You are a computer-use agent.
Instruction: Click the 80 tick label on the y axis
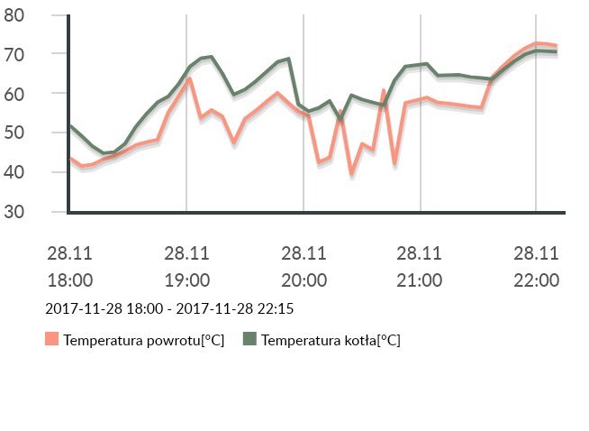(15, 14)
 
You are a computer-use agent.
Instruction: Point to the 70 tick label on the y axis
(15, 54)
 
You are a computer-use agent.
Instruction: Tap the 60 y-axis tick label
(15, 94)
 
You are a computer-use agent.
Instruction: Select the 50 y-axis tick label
(15, 133)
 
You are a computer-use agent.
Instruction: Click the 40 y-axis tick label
(15, 172)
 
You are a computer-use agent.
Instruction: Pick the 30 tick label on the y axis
(15, 212)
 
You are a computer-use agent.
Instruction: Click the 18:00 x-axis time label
(70, 280)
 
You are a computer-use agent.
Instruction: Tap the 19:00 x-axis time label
(186, 280)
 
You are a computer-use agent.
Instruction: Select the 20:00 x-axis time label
(304, 280)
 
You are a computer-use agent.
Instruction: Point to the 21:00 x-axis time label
(420, 280)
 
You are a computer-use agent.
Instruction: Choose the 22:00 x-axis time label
(537, 280)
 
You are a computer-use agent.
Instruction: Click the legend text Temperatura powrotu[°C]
(144, 340)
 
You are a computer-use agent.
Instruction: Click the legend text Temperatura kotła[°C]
(331, 340)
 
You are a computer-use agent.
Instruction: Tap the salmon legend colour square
(51, 339)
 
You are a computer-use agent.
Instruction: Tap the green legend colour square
(249, 339)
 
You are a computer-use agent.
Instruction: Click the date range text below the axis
(169, 308)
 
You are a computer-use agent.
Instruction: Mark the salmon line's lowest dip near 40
(352, 173)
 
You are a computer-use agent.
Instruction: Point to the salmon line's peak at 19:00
(189, 79)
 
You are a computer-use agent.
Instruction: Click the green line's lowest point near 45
(104, 153)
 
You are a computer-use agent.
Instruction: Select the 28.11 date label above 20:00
(304, 253)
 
